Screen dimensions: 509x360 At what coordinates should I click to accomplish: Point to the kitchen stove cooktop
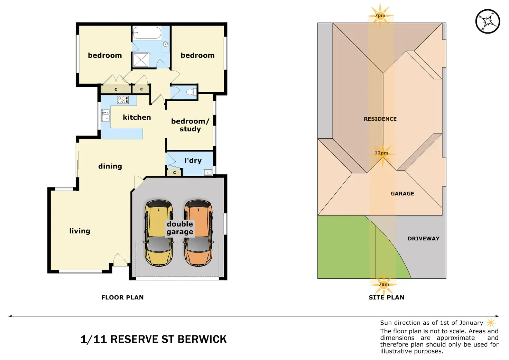tap(123, 100)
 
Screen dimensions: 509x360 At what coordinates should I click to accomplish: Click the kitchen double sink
tap(105, 115)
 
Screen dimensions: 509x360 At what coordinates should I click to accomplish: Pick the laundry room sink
tap(207, 172)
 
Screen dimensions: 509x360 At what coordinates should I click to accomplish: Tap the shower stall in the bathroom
tap(141, 60)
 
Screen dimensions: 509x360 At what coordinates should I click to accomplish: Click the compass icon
tap(488, 21)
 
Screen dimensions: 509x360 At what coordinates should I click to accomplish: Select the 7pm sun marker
tap(380, 15)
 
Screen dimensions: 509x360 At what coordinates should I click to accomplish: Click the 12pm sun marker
tap(382, 153)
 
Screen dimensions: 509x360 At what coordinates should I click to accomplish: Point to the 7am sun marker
tap(384, 284)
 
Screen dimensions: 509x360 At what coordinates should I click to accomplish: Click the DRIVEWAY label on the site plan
tap(423, 239)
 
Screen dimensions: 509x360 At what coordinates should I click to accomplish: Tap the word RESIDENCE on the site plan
tap(380, 119)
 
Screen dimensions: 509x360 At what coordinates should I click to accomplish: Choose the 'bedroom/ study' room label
tap(190, 125)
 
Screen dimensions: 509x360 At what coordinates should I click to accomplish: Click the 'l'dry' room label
tap(193, 160)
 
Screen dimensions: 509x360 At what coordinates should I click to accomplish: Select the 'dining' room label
tap(110, 166)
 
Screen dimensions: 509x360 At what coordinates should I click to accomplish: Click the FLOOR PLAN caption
tap(122, 297)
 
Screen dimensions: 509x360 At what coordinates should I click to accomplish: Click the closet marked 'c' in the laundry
tap(174, 172)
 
